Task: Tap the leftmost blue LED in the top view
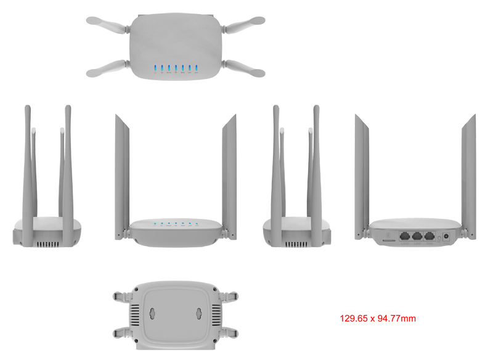(x=155, y=68)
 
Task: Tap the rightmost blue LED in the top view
(x=196, y=68)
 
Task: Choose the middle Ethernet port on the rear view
(x=417, y=235)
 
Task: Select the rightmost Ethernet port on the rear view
(x=430, y=235)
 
